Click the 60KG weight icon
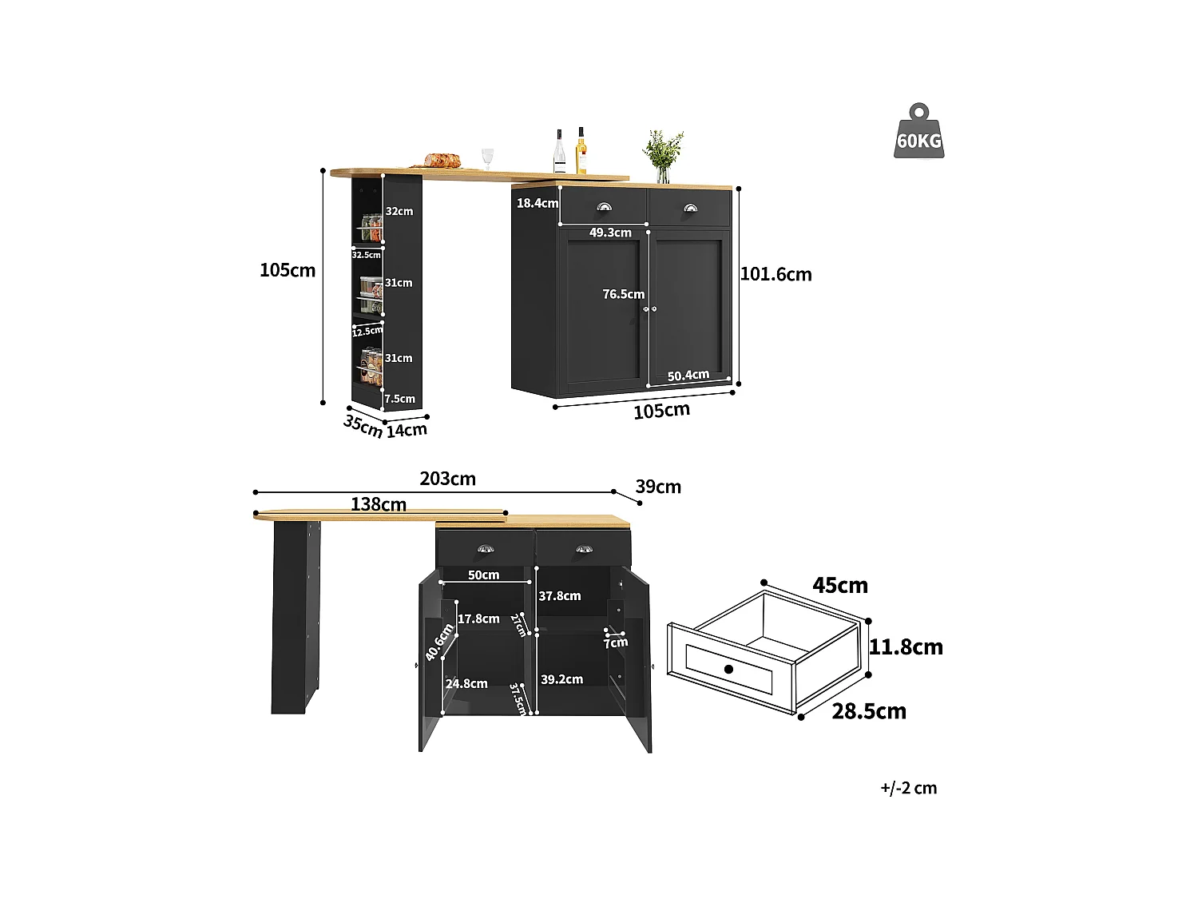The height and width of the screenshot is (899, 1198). pyautogui.click(x=918, y=132)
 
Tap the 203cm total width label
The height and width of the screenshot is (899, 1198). pyautogui.click(x=447, y=479)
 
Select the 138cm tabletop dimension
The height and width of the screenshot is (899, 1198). pyautogui.click(x=379, y=504)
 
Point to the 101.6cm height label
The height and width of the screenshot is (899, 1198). pyautogui.click(x=776, y=274)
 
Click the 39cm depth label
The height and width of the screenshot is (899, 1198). pyautogui.click(x=658, y=487)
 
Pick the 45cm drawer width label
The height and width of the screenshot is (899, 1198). pyautogui.click(x=840, y=585)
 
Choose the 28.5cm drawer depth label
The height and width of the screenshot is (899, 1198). pyautogui.click(x=869, y=710)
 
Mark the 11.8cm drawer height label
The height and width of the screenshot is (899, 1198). pyautogui.click(x=906, y=646)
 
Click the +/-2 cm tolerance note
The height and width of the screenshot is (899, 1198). pyautogui.click(x=908, y=788)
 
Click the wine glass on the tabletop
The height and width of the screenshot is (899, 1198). pyautogui.click(x=487, y=157)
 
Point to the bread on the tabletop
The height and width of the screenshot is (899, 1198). pyautogui.click(x=442, y=161)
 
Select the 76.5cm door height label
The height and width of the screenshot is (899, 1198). pyautogui.click(x=623, y=294)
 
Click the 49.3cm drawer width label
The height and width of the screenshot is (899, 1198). pyautogui.click(x=610, y=233)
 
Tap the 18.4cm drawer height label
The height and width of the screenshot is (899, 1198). pyautogui.click(x=538, y=203)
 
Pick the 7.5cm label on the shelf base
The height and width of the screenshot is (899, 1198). pyautogui.click(x=399, y=399)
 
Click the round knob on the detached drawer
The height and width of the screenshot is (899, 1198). pyautogui.click(x=728, y=668)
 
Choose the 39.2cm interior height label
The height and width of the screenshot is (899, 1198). pyautogui.click(x=561, y=679)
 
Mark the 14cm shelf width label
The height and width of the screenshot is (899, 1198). pyautogui.click(x=407, y=430)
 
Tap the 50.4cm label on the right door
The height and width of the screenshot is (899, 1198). pyautogui.click(x=688, y=375)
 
